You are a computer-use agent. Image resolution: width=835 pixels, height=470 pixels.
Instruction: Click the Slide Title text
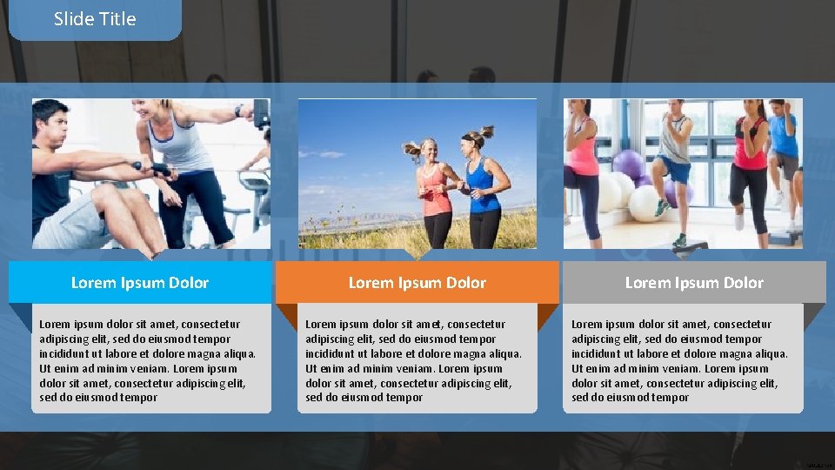tap(95, 19)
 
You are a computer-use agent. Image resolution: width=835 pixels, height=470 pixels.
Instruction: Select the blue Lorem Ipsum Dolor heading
tap(140, 283)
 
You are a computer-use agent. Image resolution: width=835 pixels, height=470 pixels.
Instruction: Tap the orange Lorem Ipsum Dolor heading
tap(417, 283)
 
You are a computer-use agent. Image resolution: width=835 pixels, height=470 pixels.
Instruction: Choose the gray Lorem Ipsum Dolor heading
tap(694, 283)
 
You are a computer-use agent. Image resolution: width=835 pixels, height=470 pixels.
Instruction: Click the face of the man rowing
tap(52, 123)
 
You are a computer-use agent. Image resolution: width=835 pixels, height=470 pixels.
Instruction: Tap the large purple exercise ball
tap(628, 164)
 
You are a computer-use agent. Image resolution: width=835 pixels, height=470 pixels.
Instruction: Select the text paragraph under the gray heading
tap(680, 360)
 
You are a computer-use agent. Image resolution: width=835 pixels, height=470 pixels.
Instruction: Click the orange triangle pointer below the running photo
tap(417, 254)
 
